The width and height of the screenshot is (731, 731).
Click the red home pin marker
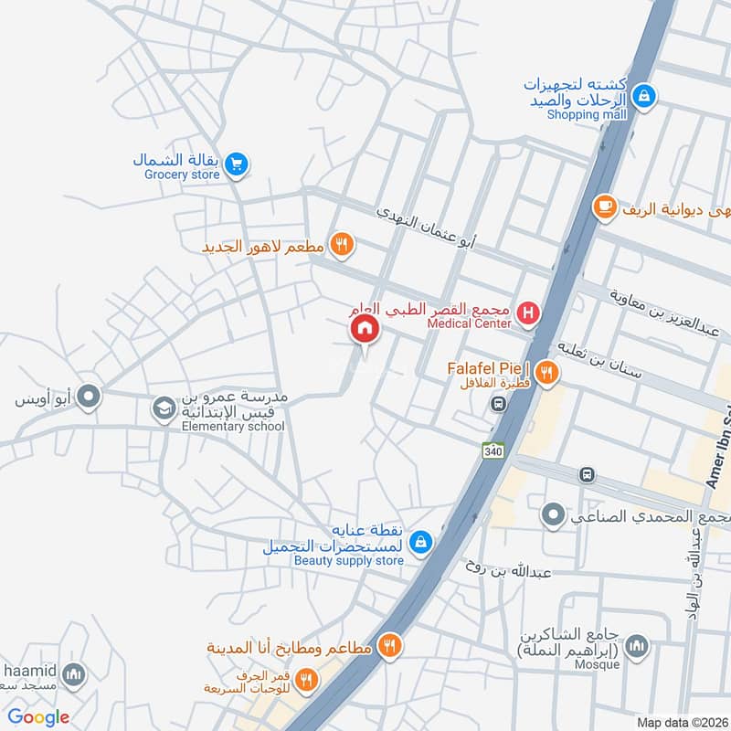[x=365, y=328]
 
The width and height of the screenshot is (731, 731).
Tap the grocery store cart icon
[x=237, y=164]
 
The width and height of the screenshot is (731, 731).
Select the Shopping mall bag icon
[x=644, y=95]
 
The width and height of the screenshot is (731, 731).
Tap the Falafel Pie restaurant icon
[x=546, y=371]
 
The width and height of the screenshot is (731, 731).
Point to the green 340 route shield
[x=492, y=450]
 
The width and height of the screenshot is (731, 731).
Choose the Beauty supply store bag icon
[x=419, y=542]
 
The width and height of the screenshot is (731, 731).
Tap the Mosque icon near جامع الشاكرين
[x=637, y=647]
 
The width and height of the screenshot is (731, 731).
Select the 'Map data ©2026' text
[x=681, y=722]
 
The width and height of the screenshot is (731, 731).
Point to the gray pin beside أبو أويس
[x=89, y=397]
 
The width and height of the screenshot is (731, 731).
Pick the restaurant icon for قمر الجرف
[x=306, y=679]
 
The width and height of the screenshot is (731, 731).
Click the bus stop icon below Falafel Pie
[x=498, y=403]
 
